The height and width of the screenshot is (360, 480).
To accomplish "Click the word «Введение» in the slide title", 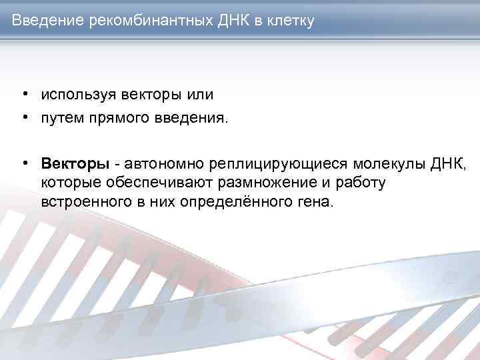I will pyautogui.click(x=46, y=21).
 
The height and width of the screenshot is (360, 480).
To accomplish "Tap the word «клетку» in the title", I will pyautogui.click(x=289, y=21).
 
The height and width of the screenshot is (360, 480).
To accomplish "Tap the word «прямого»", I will pyautogui.click(x=117, y=119).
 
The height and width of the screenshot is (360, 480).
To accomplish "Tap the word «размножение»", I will pyautogui.click(x=261, y=183).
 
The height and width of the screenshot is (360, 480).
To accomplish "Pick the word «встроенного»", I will pyautogui.click(x=84, y=201).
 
